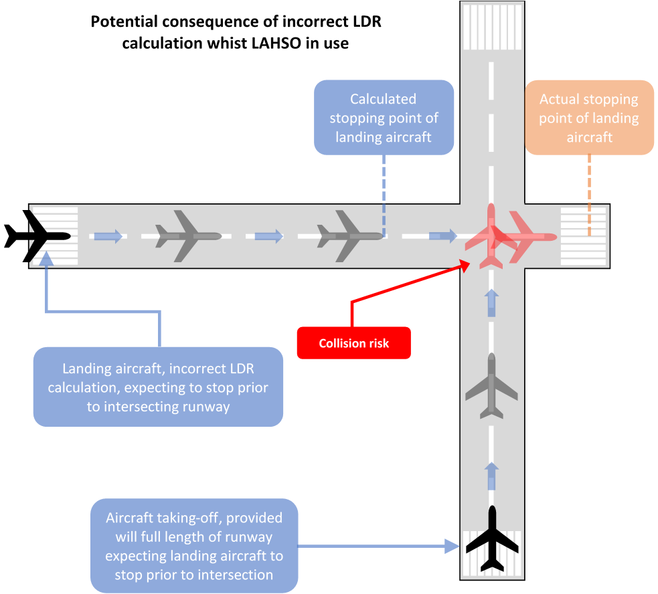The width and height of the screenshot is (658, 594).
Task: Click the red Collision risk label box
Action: coord(353,343)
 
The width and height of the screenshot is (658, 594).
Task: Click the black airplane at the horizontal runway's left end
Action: coord(37,235)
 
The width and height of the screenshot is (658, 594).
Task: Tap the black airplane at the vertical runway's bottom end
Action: coord(493,540)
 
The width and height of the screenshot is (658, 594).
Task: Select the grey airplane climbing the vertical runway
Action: coord(493,387)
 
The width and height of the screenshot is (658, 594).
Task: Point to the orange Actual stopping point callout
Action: coord(589,118)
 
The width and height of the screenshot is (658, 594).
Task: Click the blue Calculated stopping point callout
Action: coord(384,118)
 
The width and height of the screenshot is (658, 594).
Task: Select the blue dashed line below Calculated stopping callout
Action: coord(384,194)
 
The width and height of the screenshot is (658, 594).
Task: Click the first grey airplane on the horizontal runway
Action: coord(188,235)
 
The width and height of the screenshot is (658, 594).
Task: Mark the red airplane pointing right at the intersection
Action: coord(529,235)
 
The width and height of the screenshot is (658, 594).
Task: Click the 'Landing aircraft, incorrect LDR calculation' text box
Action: coord(158,387)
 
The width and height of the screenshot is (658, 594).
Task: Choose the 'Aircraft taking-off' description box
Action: coord(194,546)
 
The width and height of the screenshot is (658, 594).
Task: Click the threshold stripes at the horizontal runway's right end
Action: coord(583,235)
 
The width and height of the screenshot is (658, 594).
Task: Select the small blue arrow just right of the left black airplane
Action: coord(108,235)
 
